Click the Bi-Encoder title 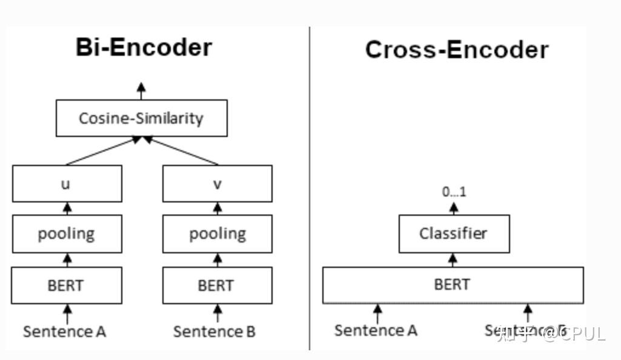pyautogui.click(x=144, y=47)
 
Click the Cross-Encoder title pyautogui.click(x=456, y=50)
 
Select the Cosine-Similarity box pyautogui.click(x=141, y=118)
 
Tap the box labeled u pyautogui.click(x=67, y=184)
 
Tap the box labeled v pyautogui.click(x=217, y=184)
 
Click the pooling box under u pyautogui.click(x=67, y=234)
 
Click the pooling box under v pyautogui.click(x=217, y=234)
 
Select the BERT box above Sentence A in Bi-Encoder pyautogui.click(x=67, y=285)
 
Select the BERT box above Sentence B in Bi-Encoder pyautogui.click(x=217, y=285)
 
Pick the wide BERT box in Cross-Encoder pyautogui.click(x=453, y=285)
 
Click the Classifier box pyautogui.click(x=453, y=233)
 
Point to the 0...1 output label pyautogui.click(x=454, y=193)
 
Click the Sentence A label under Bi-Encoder pyautogui.click(x=65, y=332)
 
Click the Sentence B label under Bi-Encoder pyautogui.click(x=214, y=332)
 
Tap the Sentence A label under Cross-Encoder pyautogui.click(x=376, y=330)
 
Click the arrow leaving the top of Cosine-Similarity pyautogui.click(x=141, y=92)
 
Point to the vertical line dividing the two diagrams pyautogui.click(x=310, y=188)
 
